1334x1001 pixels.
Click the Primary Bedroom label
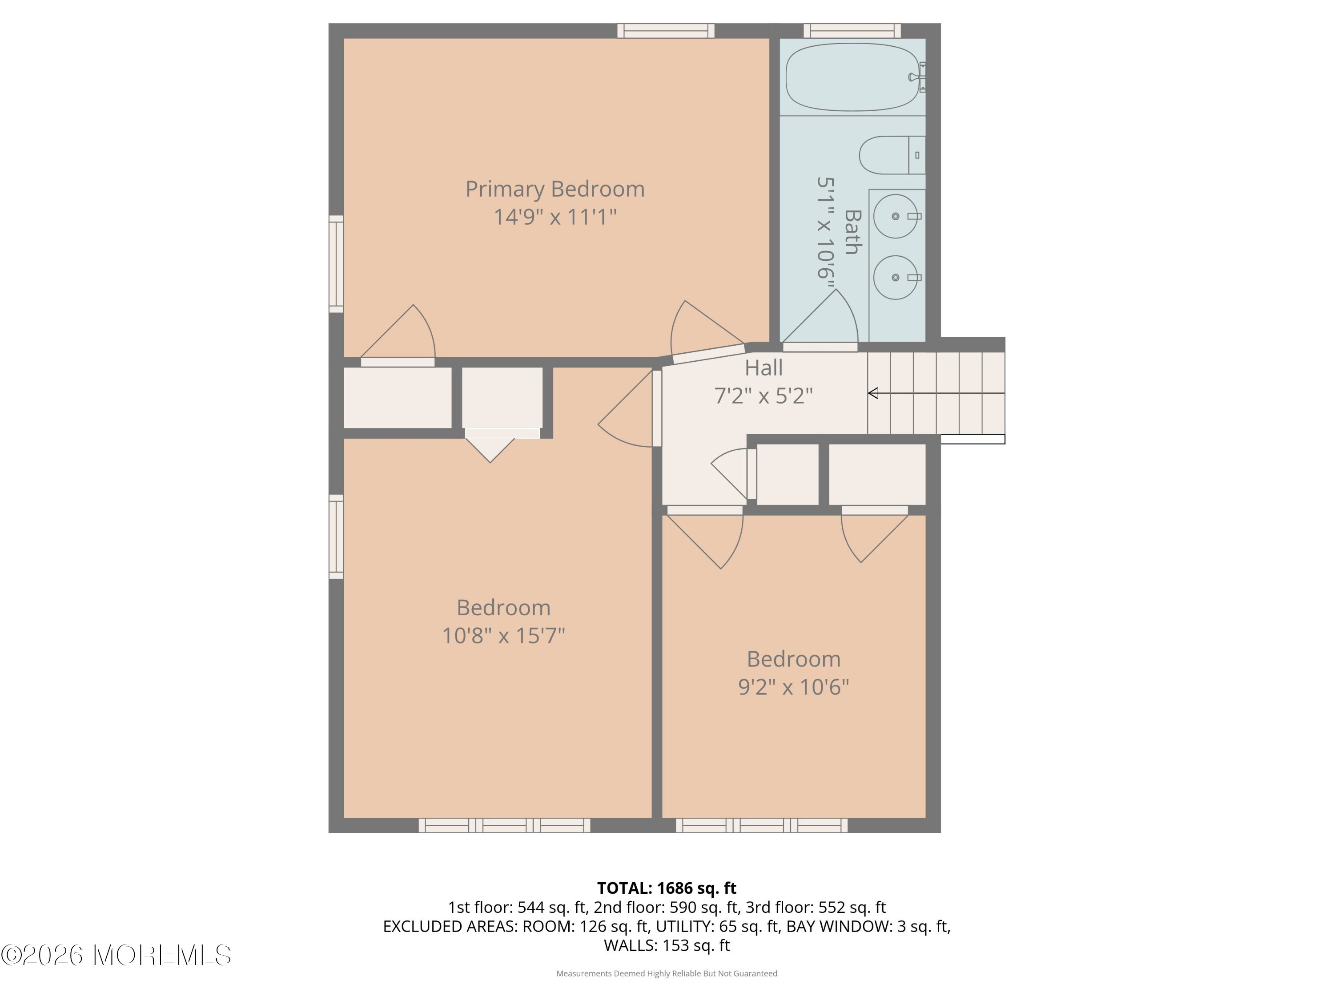click(x=555, y=190)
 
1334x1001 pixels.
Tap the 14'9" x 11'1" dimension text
click(x=555, y=217)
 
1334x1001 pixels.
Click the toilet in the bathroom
click(x=892, y=155)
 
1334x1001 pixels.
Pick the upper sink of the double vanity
click(x=896, y=216)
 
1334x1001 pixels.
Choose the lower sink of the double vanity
click(x=896, y=278)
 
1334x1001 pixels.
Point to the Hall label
click(x=763, y=367)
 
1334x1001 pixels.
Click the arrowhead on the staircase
click(x=872, y=393)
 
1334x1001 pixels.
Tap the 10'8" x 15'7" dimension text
click(x=503, y=635)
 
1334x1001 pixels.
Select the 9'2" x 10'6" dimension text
click(x=794, y=686)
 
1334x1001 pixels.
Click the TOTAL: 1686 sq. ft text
click(x=667, y=888)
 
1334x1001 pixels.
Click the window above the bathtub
click(x=852, y=31)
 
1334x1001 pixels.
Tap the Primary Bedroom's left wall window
click(x=336, y=264)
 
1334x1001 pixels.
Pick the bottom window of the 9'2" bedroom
click(x=762, y=825)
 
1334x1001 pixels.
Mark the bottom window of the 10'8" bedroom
click(x=505, y=825)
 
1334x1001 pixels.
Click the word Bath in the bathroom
click(x=852, y=232)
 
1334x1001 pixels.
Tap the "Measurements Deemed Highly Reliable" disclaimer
click(x=667, y=973)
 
